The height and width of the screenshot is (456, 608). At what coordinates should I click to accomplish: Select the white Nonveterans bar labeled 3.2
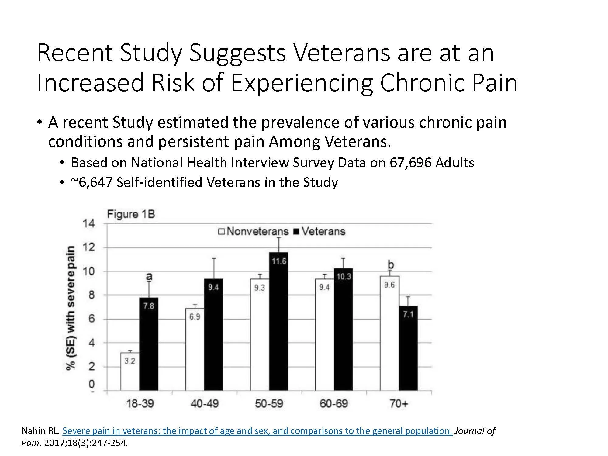tap(130, 371)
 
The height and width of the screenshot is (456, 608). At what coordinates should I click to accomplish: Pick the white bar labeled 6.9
tap(195, 349)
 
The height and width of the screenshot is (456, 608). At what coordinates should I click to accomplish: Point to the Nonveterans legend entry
tap(253, 231)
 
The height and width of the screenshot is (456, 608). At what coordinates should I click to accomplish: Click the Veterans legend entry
tap(320, 231)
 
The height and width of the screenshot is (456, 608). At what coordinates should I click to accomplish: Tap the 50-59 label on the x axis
tap(269, 404)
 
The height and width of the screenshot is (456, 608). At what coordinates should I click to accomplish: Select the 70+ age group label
tap(399, 404)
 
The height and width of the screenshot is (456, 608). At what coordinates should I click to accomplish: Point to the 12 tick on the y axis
tap(89, 247)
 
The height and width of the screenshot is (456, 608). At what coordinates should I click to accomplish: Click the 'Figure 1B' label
tap(131, 214)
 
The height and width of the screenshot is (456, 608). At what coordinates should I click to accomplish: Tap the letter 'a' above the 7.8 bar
tap(149, 276)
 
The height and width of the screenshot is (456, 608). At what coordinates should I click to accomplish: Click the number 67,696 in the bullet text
tap(411, 163)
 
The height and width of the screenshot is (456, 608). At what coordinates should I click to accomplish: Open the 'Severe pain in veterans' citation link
tap(257, 431)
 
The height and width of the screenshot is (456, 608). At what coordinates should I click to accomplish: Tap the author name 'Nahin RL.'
tap(41, 431)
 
